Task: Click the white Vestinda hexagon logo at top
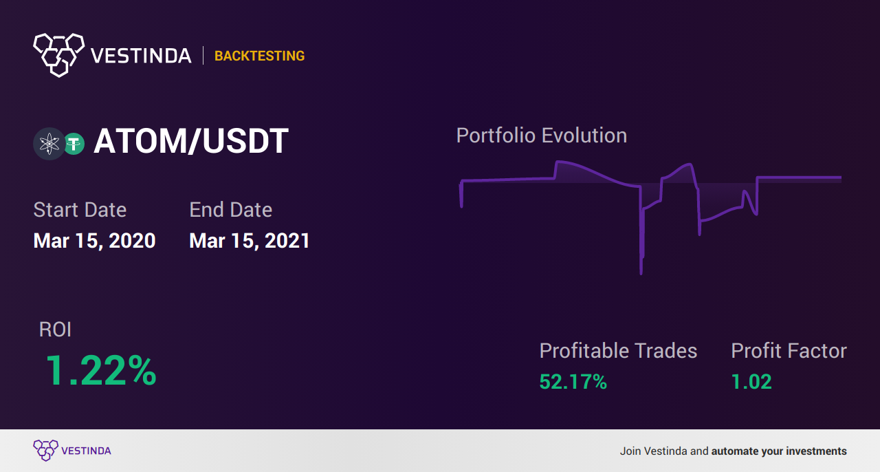click(x=59, y=55)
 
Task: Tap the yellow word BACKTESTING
click(x=259, y=56)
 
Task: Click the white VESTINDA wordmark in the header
click(x=141, y=56)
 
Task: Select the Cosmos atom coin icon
click(x=49, y=144)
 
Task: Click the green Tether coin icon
click(x=74, y=144)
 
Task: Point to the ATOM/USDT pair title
click(x=191, y=141)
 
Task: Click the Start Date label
click(x=80, y=210)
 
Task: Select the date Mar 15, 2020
click(x=94, y=241)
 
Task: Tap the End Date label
click(x=230, y=210)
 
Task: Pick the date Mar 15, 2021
click(x=250, y=241)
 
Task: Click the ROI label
click(x=55, y=330)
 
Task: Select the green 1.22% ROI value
click(x=101, y=370)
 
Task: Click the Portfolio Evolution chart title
click(x=541, y=136)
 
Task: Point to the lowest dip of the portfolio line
click(x=641, y=273)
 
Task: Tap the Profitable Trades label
click(x=618, y=351)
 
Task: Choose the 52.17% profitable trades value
click(x=573, y=382)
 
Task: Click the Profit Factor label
click(x=789, y=351)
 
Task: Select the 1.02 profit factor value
click(x=751, y=382)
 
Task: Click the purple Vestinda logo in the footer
click(x=72, y=451)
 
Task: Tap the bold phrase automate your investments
click(x=779, y=451)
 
